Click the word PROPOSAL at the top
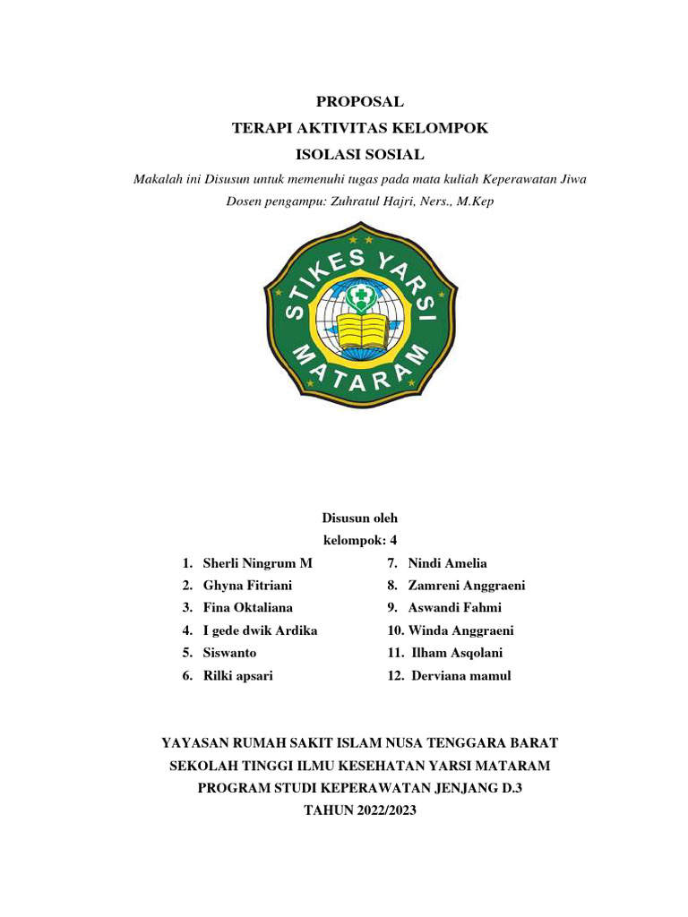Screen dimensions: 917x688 coord(360,102)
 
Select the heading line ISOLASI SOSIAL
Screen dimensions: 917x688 coord(360,154)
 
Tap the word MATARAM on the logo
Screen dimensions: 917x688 coord(358,376)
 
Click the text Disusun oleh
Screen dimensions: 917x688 coord(359,518)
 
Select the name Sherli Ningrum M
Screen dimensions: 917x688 coord(258,563)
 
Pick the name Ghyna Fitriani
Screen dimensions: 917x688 coord(247,586)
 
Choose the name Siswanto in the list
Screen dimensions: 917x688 coord(229,653)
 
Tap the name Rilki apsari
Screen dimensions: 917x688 coord(237,676)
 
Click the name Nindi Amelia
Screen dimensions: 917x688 coord(447,563)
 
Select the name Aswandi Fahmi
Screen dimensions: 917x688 coord(455,608)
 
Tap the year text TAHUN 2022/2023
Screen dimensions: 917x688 coord(360,810)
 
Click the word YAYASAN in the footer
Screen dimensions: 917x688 coord(193,743)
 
